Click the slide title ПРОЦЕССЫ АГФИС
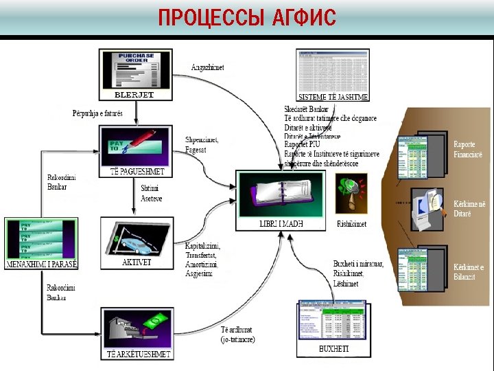[247, 18]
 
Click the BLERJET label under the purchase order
[134, 95]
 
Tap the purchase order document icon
[134, 69]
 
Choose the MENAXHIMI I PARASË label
[41, 265]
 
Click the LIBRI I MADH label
[281, 224]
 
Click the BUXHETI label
[334, 349]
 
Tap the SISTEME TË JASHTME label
[333, 97]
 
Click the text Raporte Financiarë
[468, 150]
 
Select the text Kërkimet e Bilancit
[469, 272]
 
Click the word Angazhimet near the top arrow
[207, 67]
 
